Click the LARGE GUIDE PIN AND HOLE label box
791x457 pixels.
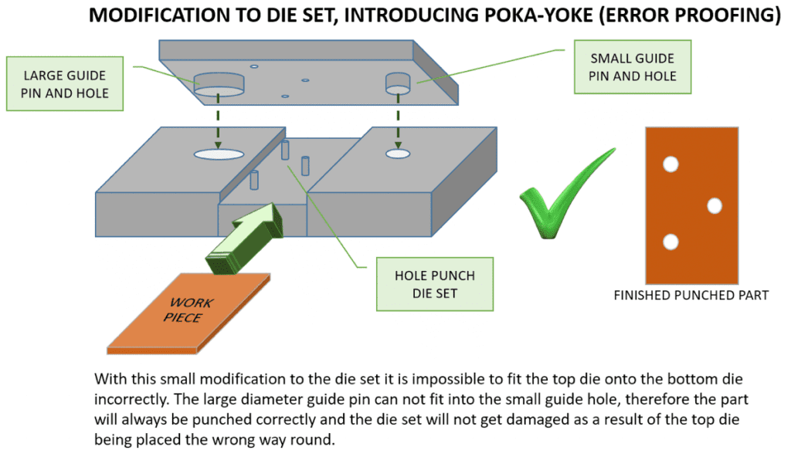[66, 85]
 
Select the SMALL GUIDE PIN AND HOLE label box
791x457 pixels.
[632, 66]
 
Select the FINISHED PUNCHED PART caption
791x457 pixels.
[691, 295]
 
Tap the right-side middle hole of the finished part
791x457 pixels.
[714, 205]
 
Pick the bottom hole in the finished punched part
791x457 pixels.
[670, 242]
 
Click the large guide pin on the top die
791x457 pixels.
[219, 83]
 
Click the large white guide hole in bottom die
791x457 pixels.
[219, 154]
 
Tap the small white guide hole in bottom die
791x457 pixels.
[398, 154]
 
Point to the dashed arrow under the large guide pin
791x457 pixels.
[219, 120]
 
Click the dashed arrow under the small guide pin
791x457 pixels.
[398, 120]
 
